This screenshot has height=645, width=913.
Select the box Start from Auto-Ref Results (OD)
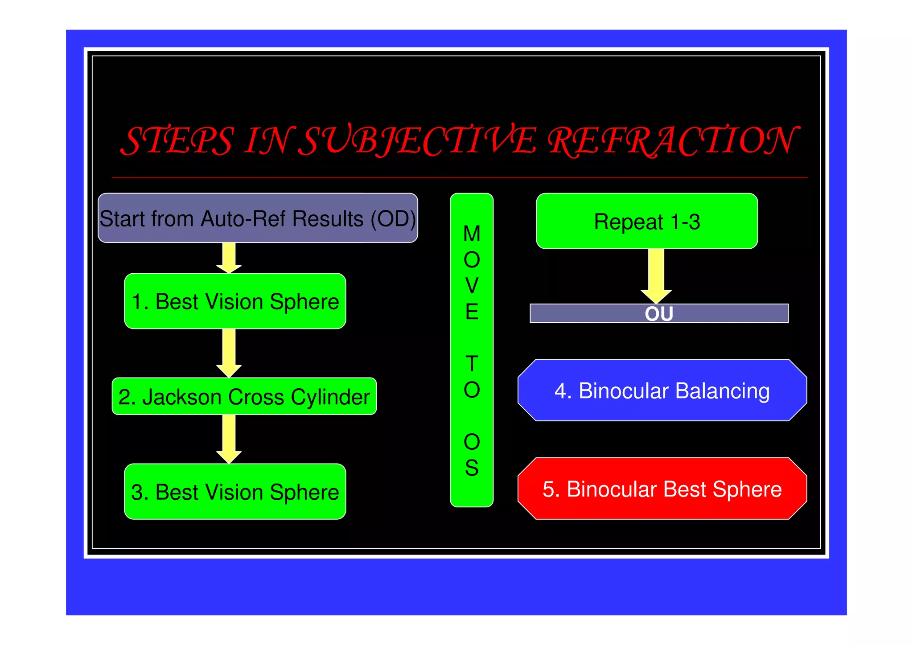(258, 218)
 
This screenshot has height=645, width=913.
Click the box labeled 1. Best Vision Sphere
(235, 301)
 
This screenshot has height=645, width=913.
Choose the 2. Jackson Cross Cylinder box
(244, 396)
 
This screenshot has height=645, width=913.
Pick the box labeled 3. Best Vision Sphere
(235, 492)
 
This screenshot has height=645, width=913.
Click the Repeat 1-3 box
(646, 222)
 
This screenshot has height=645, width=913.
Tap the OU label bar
(658, 313)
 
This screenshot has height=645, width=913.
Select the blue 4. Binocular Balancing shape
(662, 390)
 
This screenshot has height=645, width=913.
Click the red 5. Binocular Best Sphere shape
(662, 489)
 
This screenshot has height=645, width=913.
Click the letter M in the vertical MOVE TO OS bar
(472, 234)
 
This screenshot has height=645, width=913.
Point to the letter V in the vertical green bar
(472, 286)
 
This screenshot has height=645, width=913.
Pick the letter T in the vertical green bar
(472, 364)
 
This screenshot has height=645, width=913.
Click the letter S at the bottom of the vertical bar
(472, 468)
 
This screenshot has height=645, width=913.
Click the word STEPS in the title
(177, 141)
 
